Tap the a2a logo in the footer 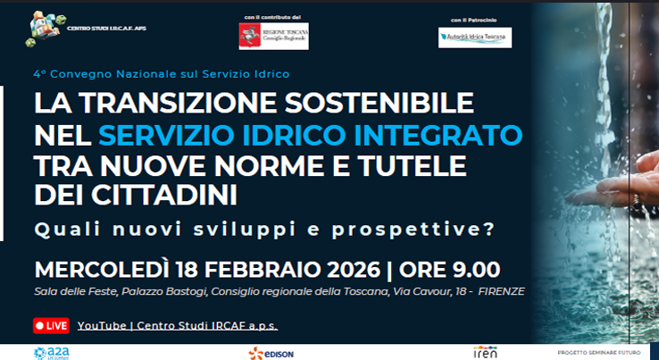[46, 352]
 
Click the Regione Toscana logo [273, 36]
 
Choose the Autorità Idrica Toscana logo [474, 38]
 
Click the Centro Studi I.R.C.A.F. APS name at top [106, 29]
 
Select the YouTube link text [183, 325]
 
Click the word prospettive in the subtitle [423, 228]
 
